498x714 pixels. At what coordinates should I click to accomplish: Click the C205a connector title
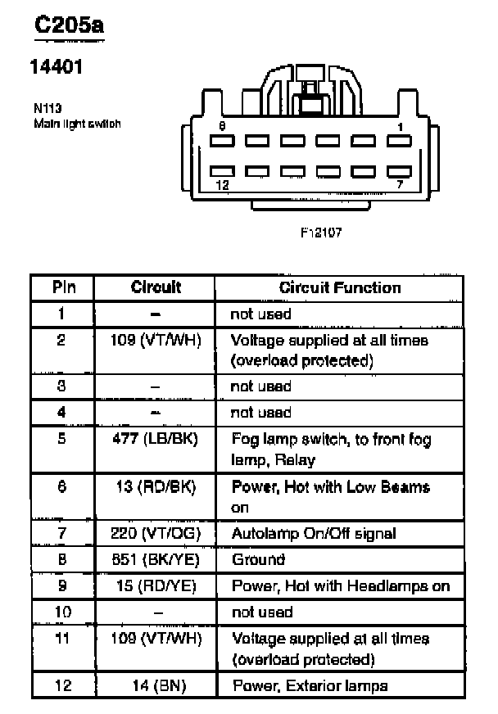tap(69, 27)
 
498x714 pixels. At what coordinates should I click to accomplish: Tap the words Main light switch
tap(77, 124)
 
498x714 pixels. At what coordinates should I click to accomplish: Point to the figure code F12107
tap(321, 232)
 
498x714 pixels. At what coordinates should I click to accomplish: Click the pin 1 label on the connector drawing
tap(400, 126)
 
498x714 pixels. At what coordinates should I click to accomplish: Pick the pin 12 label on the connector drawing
tap(222, 186)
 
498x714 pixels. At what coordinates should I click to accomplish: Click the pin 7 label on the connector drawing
tap(400, 186)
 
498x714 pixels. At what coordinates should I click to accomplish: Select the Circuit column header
tap(156, 287)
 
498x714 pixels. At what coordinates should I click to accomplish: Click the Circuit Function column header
tap(340, 287)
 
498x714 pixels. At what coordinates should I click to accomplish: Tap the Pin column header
tap(64, 287)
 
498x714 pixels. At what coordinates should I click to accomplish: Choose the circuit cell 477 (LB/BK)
tap(156, 439)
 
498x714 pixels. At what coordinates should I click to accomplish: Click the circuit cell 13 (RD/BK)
tap(156, 487)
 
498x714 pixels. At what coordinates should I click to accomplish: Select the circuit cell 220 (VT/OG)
tap(156, 533)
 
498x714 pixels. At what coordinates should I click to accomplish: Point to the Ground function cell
tap(258, 559)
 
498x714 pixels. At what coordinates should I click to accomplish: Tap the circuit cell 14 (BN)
tap(156, 685)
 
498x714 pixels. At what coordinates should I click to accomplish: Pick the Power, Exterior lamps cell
tap(310, 685)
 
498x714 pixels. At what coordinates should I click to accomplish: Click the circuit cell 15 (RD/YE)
tap(156, 585)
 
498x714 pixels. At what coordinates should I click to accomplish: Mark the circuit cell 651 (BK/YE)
tap(156, 559)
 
